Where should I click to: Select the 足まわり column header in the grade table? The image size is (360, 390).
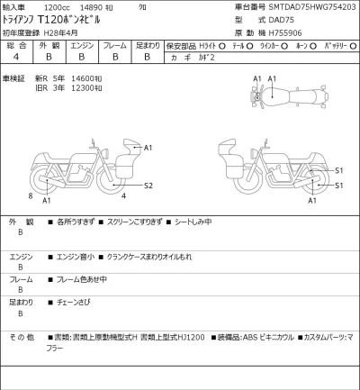pos(148,43)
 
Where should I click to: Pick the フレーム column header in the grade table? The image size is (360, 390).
pos(115,43)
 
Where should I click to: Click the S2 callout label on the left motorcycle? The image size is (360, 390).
pos(149,186)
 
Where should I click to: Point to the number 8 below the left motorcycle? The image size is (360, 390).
pos(31,195)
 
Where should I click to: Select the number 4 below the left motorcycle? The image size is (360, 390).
pos(122,195)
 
